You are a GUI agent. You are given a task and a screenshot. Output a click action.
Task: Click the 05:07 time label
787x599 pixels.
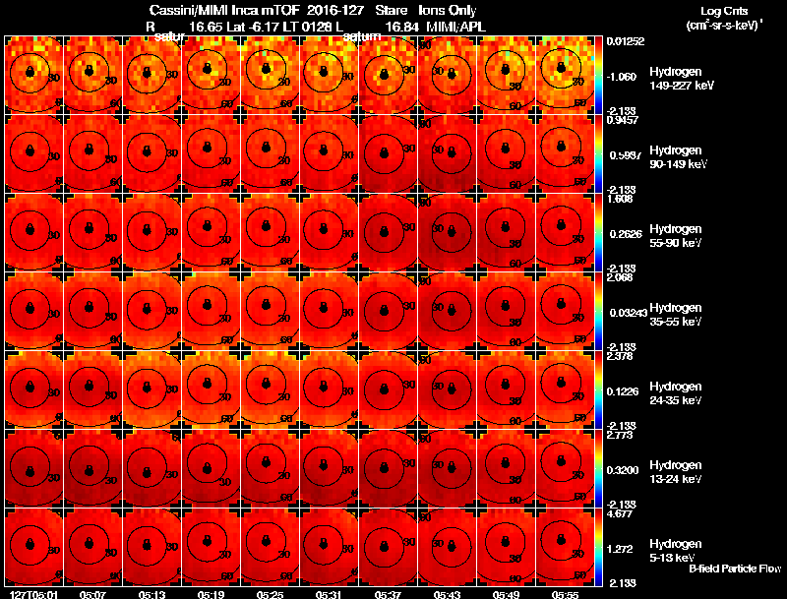93,594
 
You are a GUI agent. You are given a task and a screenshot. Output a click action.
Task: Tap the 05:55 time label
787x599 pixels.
566,594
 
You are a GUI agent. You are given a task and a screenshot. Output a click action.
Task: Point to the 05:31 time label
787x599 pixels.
330,594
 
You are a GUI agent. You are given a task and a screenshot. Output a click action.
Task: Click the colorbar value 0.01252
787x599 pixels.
624,40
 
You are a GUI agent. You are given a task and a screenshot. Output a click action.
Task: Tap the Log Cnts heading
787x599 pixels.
717,11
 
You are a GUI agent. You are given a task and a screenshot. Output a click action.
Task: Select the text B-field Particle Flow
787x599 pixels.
735,569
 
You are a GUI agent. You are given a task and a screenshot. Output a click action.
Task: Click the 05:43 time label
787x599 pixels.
448,594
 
